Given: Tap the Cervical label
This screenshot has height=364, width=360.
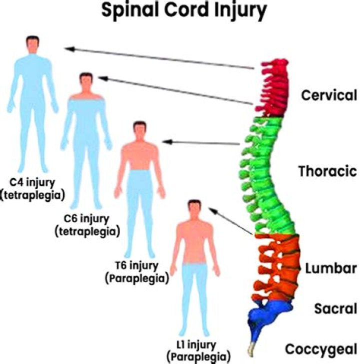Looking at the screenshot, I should pos(328,95).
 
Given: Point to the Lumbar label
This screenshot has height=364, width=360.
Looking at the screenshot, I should pos(330,268).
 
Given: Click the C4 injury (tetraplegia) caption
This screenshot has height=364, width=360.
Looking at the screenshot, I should pos(33,188).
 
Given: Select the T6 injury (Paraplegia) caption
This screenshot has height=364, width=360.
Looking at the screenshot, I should pos(136,272).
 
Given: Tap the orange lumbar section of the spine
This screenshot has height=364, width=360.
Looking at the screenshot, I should pos(277,265).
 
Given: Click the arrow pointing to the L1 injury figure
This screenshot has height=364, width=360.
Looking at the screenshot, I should pos(231,221).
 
